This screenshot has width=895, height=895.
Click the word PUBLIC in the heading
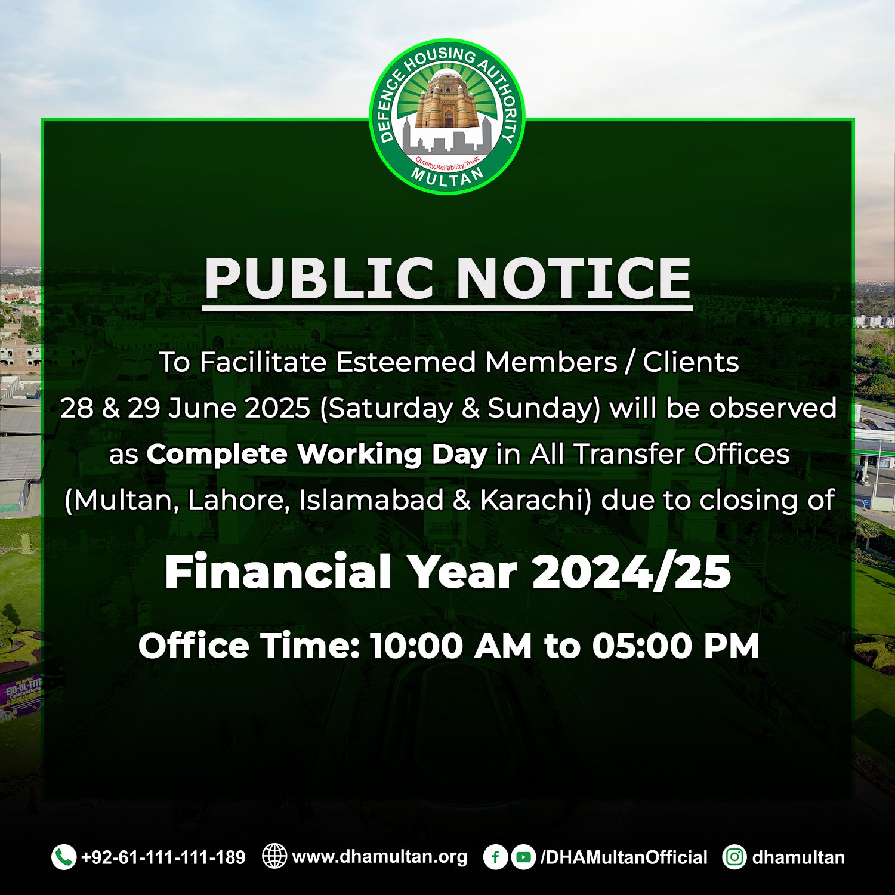[319, 278]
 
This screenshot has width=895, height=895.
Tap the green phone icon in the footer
[64, 857]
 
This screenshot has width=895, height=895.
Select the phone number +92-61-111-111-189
[163, 857]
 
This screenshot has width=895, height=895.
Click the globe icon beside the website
[274, 856]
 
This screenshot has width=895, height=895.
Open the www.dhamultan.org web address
[379, 857]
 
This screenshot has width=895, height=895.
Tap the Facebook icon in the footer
[495, 857]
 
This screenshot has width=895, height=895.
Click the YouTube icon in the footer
[523, 857]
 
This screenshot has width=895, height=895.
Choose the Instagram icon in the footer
[734, 857]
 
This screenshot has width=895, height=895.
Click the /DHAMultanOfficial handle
[624, 857]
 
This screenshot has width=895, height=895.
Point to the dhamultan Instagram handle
[798, 857]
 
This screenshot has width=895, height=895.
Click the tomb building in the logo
[447, 100]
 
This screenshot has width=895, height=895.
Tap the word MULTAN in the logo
[447, 177]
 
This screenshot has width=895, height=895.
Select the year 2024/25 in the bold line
[631, 572]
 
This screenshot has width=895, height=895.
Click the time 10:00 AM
[450, 646]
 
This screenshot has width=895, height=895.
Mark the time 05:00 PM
[675, 646]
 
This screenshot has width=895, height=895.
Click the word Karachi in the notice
[536, 500]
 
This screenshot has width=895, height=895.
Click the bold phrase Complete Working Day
[317, 455]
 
